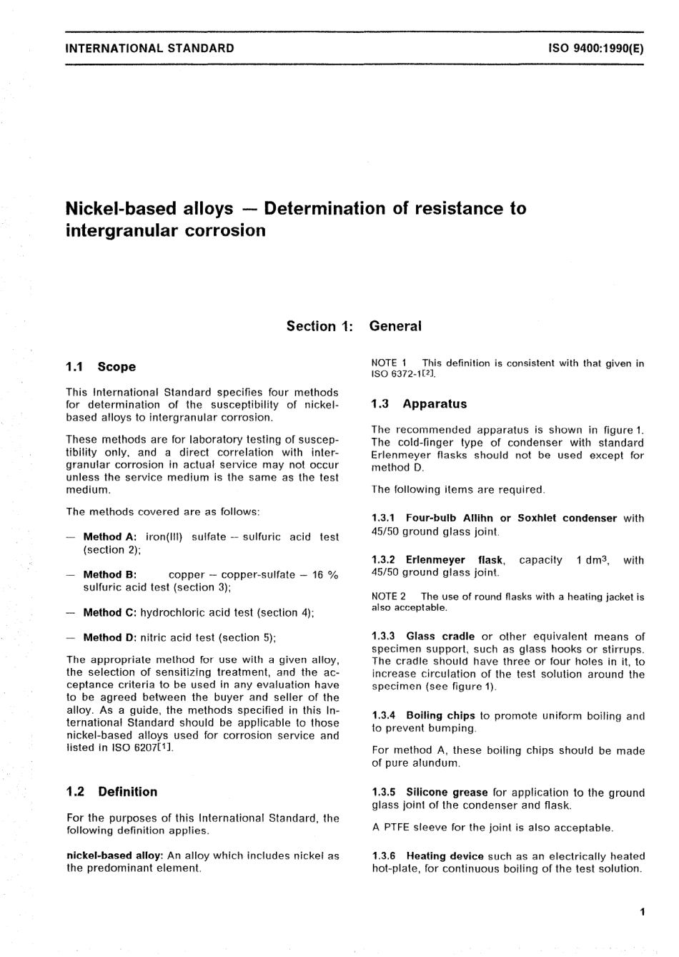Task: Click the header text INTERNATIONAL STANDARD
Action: click(149, 49)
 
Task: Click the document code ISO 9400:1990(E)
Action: click(595, 49)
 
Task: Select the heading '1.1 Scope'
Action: click(101, 367)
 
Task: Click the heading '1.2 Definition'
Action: click(111, 792)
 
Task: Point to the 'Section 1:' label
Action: click(319, 326)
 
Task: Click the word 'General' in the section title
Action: click(395, 326)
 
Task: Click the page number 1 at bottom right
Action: click(643, 911)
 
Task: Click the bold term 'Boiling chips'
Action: click(440, 715)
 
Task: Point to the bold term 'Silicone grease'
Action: click(447, 792)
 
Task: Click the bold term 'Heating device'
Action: click(445, 856)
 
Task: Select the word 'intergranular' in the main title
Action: click(124, 230)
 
